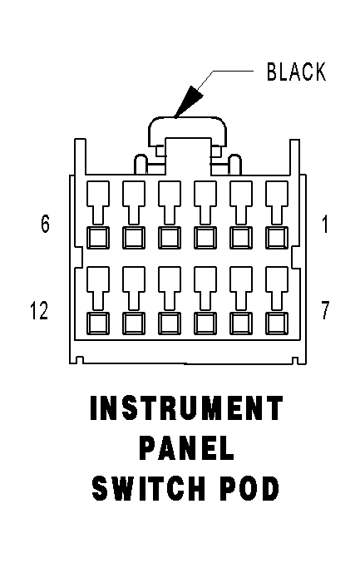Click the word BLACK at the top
point(297,72)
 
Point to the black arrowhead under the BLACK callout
point(189,101)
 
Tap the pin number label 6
point(45,224)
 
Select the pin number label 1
point(325,224)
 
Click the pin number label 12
point(39,310)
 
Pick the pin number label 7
point(325,310)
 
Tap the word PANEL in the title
point(186,448)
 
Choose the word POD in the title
point(249,488)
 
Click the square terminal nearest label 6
point(98,237)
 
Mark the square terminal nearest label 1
point(277,237)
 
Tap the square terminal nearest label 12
point(98,323)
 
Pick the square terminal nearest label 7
point(277,323)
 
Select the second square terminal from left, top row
point(134,237)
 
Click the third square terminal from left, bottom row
point(170,323)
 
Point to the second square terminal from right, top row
point(241,237)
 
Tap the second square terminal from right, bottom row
point(241,323)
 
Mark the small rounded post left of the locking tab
point(141,165)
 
